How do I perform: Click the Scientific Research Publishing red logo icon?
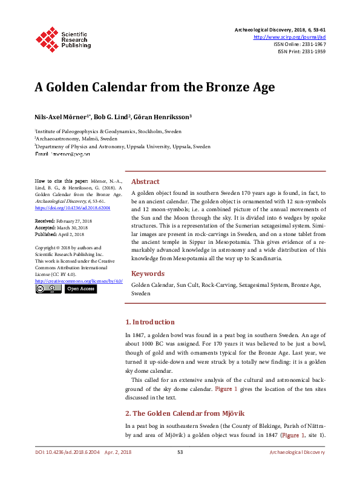point(47,38)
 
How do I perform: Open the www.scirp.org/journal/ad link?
point(293,37)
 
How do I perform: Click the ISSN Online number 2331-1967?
point(312,44)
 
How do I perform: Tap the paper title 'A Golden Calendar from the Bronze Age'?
point(154,87)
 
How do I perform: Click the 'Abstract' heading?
point(145,182)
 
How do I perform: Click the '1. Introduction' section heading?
point(149,322)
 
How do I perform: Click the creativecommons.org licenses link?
point(79,281)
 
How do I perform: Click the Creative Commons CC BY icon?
point(47,289)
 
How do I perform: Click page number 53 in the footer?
point(180,453)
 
